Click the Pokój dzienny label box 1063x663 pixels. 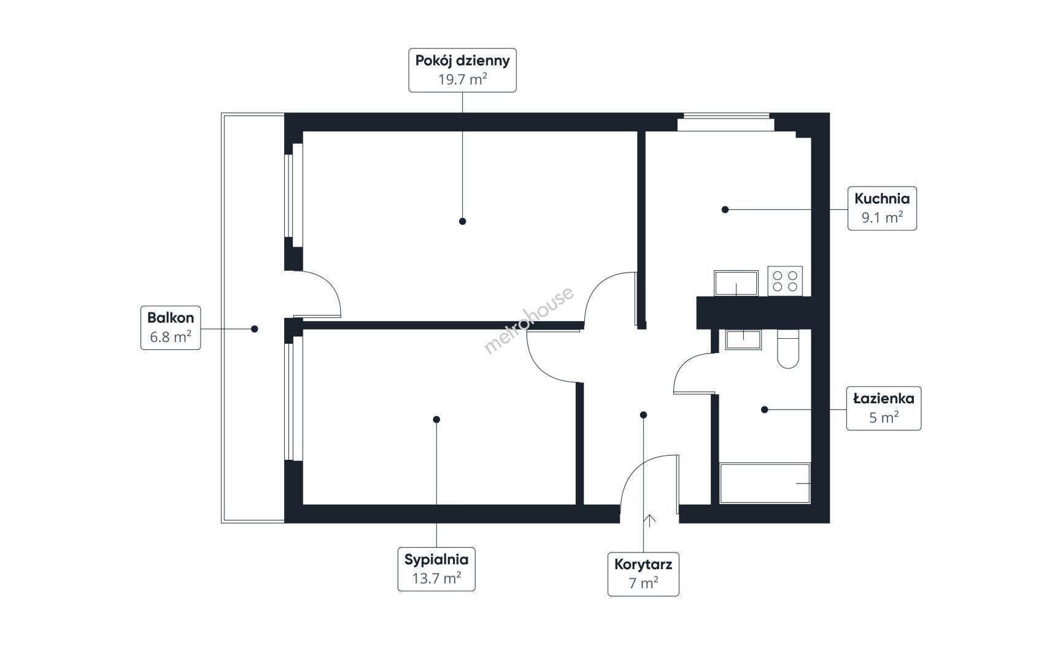coord(462,70)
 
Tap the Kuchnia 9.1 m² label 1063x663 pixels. coord(882,208)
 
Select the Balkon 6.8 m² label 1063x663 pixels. coord(171,327)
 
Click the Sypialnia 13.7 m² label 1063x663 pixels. coord(436,569)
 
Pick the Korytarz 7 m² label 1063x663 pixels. coord(643,574)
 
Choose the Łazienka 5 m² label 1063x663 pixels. coord(884,408)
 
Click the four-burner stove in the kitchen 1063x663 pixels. coord(785,281)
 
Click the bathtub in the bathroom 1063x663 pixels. coord(765,484)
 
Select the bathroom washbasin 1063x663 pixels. coord(743,339)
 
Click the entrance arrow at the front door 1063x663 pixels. coord(649,520)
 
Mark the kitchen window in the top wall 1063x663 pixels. coord(726,122)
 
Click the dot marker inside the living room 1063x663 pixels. coord(462,221)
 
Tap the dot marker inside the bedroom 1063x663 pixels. coord(436,419)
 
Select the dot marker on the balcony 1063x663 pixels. coord(255,328)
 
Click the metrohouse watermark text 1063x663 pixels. coord(529,320)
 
